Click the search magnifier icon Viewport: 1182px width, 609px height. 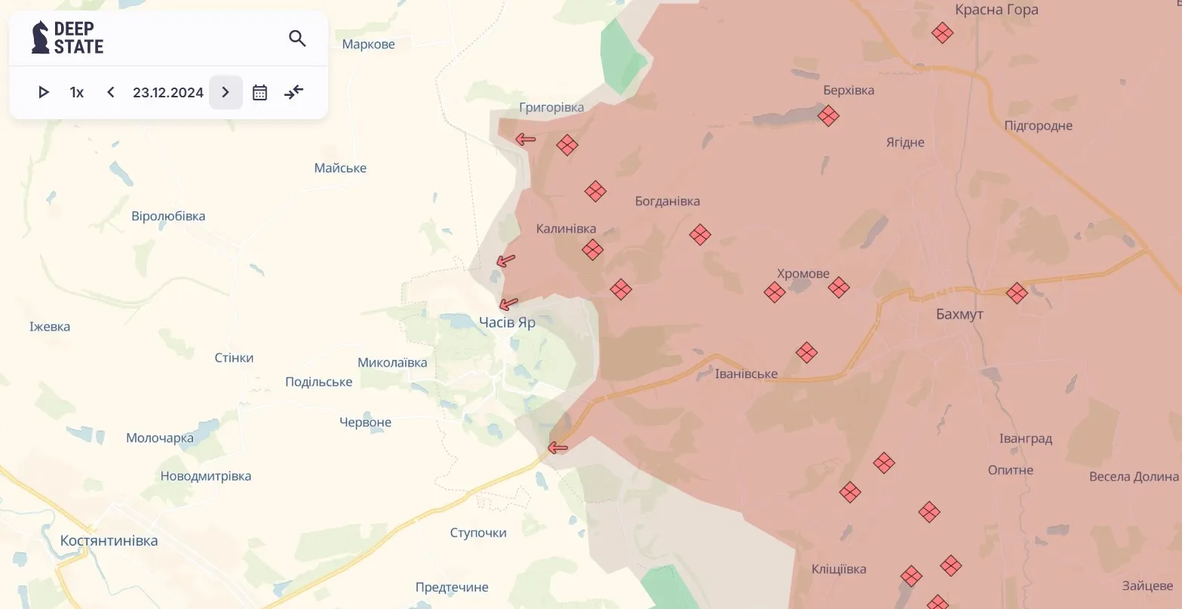(x=297, y=38)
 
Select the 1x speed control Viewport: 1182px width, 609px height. (x=77, y=92)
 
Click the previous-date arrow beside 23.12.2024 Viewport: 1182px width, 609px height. (x=111, y=92)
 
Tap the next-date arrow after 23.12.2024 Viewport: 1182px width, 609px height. (x=226, y=92)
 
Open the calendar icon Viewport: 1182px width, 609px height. (x=259, y=92)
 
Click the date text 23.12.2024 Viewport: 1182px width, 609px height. (x=168, y=92)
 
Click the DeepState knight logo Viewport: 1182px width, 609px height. (x=40, y=38)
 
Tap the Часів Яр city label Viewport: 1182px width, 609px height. (x=507, y=322)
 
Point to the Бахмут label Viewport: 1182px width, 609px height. (x=959, y=314)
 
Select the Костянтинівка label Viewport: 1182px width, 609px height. (x=109, y=540)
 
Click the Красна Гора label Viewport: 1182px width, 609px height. (x=996, y=10)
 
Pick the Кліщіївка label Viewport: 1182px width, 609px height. (x=839, y=569)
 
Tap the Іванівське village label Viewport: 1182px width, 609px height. (x=746, y=374)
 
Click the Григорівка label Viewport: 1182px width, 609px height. (x=551, y=107)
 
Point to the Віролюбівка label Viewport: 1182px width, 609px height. (x=168, y=216)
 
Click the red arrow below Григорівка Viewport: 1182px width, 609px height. (x=525, y=139)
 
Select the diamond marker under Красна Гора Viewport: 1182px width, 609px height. (x=942, y=33)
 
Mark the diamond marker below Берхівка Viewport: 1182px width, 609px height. (x=828, y=116)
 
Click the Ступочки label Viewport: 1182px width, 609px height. (x=478, y=533)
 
